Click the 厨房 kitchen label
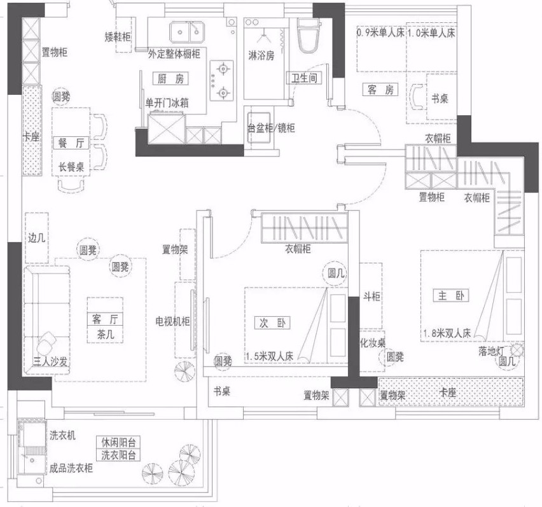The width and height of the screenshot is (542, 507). [170, 79]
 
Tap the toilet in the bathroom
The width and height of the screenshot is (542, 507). [309, 36]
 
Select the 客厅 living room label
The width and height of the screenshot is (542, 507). [105, 319]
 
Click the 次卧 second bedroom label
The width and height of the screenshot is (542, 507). [272, 323]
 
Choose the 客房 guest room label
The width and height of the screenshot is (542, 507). [380, 90]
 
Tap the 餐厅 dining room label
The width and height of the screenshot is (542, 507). [71, 142]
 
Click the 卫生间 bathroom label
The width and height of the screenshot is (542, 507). [304, 78]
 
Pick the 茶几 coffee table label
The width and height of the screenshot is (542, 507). [105, 334]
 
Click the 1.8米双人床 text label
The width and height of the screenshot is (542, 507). [447, 333]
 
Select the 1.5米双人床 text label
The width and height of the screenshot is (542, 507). [270, 356]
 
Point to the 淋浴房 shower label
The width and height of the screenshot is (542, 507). [261, 55]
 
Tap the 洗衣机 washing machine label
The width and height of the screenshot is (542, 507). [62, 435]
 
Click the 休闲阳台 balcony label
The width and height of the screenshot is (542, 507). [118, 442]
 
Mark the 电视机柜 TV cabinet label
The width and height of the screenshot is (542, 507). [172, 321]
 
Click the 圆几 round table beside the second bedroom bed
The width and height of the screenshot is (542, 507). [336, 273]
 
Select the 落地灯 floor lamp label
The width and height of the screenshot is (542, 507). [491, 351]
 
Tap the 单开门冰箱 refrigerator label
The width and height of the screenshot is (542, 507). [167, 103]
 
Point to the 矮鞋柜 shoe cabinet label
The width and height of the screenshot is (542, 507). [118, 37]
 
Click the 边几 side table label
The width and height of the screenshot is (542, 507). [37, 238]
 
